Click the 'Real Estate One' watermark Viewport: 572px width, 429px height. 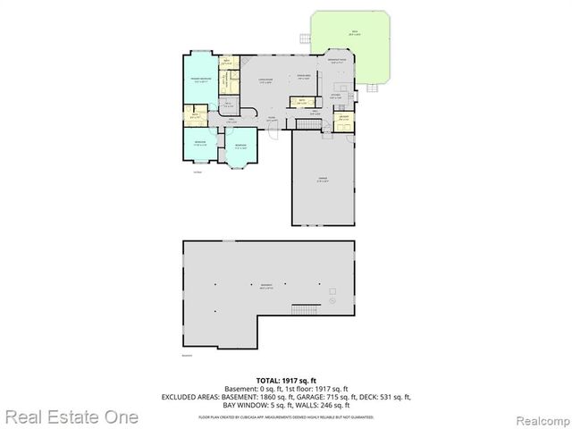71,416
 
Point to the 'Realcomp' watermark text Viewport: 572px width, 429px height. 536,417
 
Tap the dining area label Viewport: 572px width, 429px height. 303,77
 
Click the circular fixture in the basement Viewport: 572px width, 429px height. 331,292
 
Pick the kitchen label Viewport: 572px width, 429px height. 336,96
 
